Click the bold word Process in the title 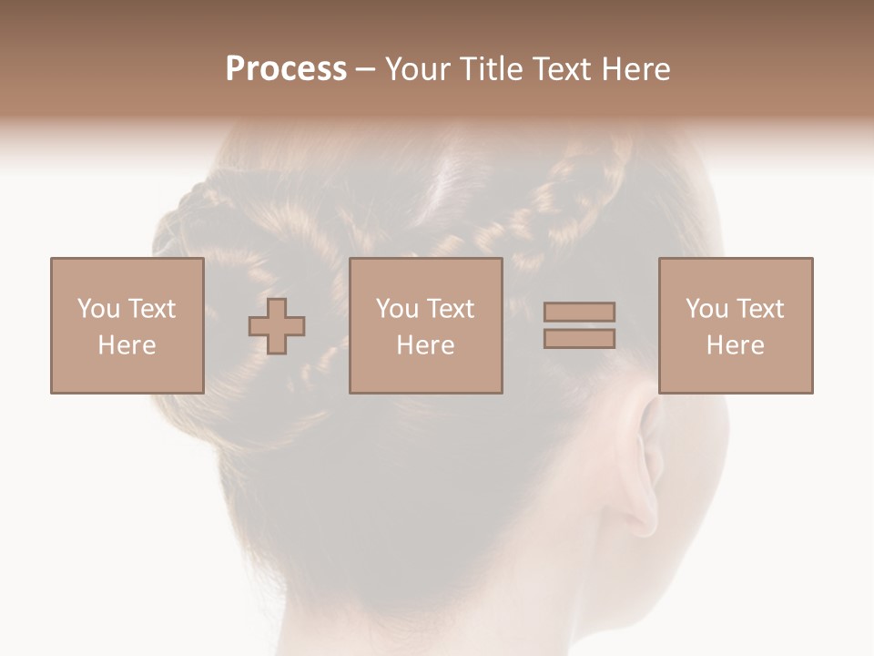pyautogui.click(x=286, y=69)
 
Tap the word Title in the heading pyautogui.click(x=493, y=69)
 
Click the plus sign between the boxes pyautogui.click(x=277, y=326)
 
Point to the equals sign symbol pyautogui.click(x=579, y=325)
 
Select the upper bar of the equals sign pyautogui.click(x=579, y=313)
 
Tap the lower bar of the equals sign pyautogui.click(x=579, y=338)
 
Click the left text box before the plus pyautogui.click(x=127, y=325)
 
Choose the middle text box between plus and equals pyautogui.click(x=425, y=325)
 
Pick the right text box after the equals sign pyautogui.click(x=735, y=325)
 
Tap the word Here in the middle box pyautogui.click(x=425, y=345)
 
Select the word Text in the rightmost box pyautogui.click(x=760, y=309)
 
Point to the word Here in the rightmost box pyautogui.click(x=735, y=345)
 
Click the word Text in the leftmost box pyautogui.click(x=151, y=309)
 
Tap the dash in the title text pyautogui.click(x=366, y=69)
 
